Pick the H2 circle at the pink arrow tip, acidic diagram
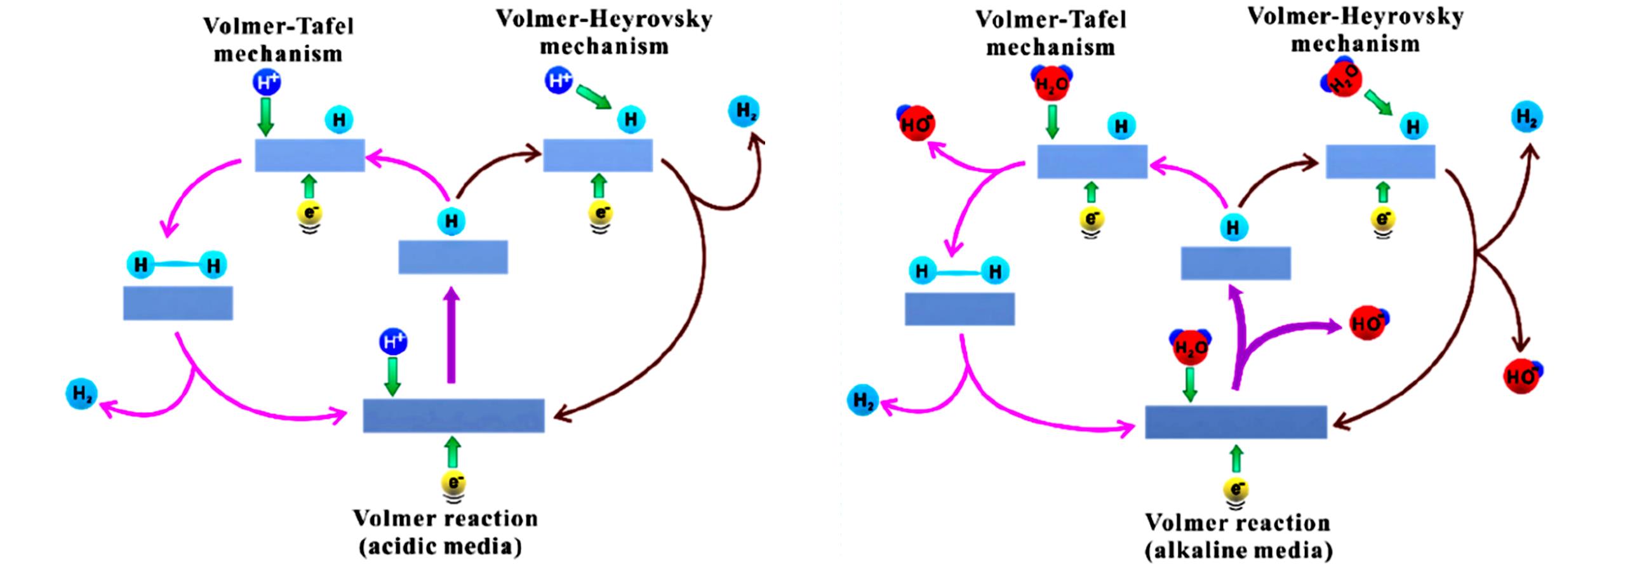click(82, 395)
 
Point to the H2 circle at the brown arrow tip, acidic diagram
click(744, 112)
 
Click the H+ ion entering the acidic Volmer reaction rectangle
click(393, 342)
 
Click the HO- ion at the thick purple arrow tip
click(1366, 324)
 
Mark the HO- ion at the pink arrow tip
click(916, 124)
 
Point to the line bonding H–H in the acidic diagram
click(177, 265)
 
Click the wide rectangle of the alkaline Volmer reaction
click(1235, 422)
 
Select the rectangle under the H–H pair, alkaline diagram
click(959, 309)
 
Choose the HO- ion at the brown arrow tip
click(1521, 376)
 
